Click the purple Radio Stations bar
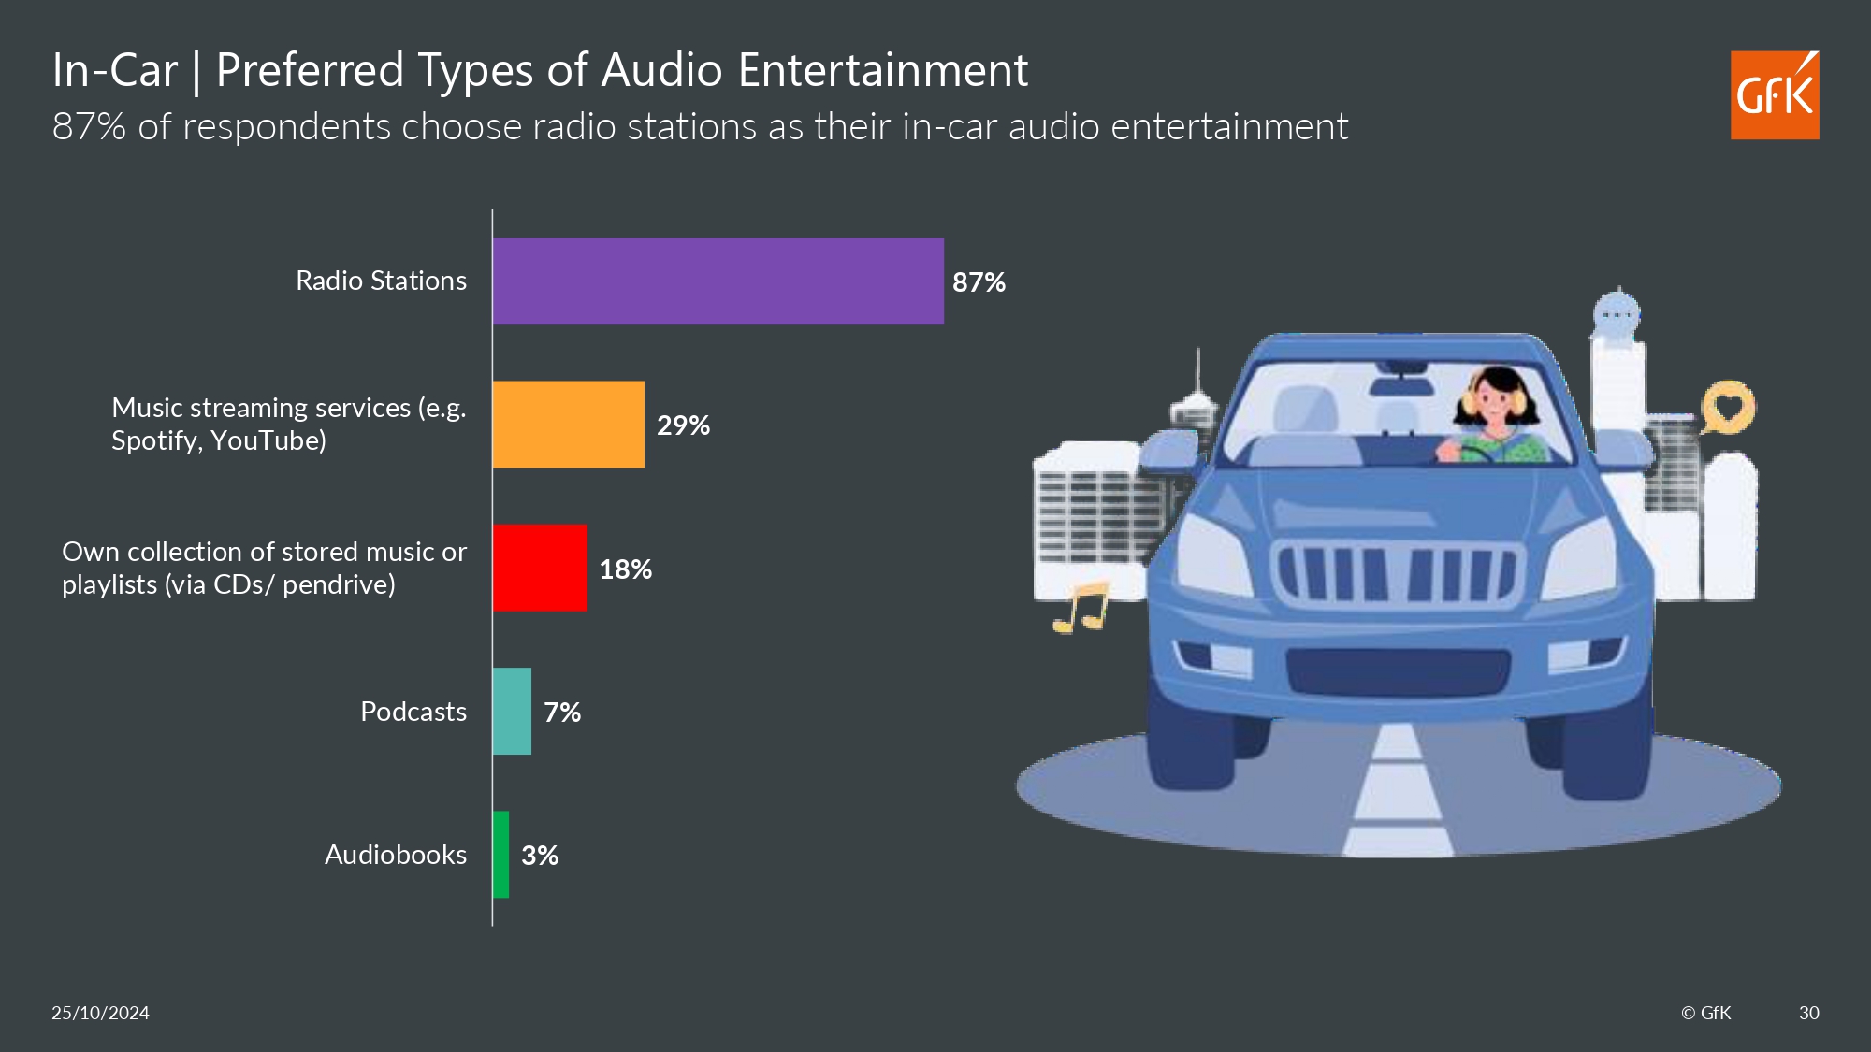coord(718,281)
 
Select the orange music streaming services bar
coord(568,425)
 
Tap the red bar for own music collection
coord(540,568)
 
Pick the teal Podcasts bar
coord(512,711)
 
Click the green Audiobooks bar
coord(501,855)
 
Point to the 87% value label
coord(979,282)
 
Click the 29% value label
coord(683,425)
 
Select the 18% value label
coord(625,569)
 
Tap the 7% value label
coord(562,713)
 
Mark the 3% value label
coord(540,856)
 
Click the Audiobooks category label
coord(395,855)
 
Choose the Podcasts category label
coord(413,712)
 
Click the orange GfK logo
coord(1774,95)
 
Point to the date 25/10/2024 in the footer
coord(100,1013)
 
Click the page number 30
coord(1808,1013)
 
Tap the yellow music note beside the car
coord(1082,608)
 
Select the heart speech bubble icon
coord(1728,407)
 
